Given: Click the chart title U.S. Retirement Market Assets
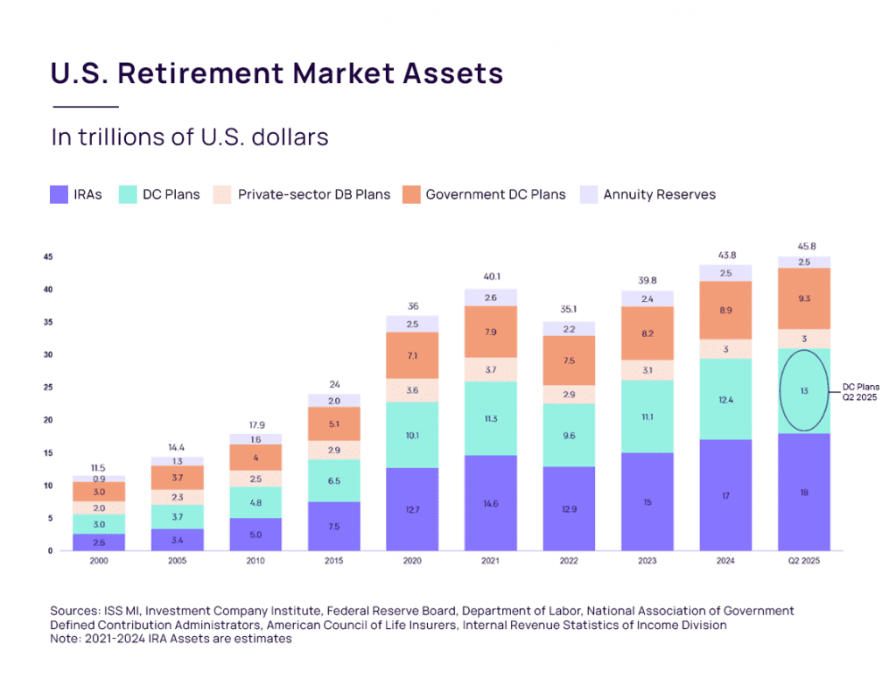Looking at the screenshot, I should (x=276, y=73).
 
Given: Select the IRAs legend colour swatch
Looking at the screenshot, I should (x=59, y=194).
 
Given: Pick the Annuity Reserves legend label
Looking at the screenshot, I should (x=659, y=194).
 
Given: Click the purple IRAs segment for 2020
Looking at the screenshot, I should (x=412, y=509).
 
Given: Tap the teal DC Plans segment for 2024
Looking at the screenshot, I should (x=725, y=399).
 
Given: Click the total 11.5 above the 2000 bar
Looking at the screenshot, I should (x=99, y=467).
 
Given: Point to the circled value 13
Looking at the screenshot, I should (x=804, y=390).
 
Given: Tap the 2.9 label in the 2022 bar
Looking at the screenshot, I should (x=569, y=395).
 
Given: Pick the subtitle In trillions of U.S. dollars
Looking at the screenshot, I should (x=189, y=137).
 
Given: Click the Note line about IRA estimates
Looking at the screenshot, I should (x=171, y=639).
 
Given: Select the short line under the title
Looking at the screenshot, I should (x=85, y=107).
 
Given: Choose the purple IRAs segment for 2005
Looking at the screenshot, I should (x=178, y=540).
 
